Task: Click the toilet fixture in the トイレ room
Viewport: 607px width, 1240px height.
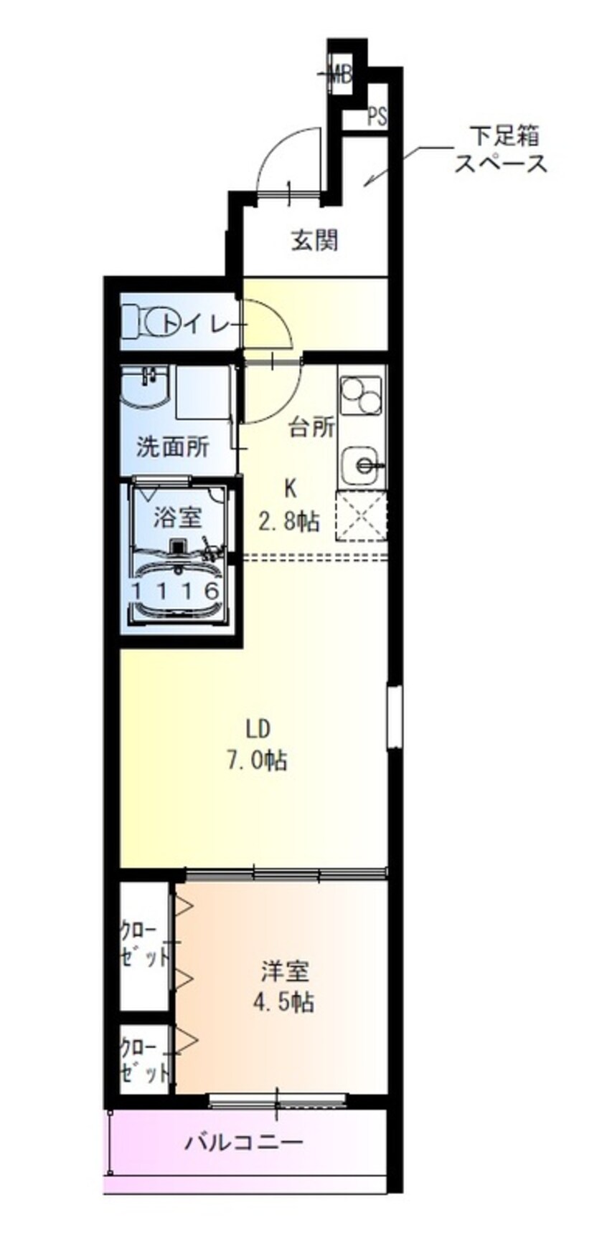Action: [143, 322]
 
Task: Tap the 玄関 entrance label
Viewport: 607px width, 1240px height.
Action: [314, 240]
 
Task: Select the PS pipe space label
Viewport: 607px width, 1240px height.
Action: [377, 117]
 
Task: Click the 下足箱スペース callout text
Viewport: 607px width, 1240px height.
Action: [502, 149]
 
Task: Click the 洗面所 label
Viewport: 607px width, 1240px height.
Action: [173, 447]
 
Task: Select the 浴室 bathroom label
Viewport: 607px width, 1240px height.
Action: [177, 516]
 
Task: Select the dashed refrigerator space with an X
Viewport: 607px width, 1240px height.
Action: [362, 515]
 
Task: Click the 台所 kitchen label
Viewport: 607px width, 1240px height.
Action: [312, 427]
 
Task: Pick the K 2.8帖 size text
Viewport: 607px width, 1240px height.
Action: [289, 505]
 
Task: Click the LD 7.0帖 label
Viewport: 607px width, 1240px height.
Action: [257, 745]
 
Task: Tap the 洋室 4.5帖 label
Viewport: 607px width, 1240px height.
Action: [283, 986]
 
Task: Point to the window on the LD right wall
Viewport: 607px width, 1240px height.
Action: [394, 717]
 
